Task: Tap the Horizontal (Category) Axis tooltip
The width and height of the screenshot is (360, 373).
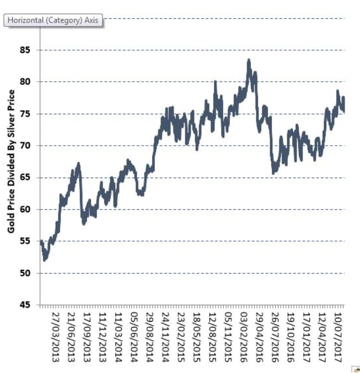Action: coord(53,20)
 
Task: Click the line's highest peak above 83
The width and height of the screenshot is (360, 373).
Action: coord(249,61)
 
